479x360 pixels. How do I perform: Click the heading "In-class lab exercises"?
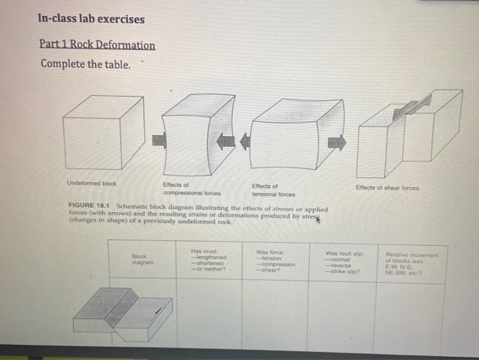point(91,19)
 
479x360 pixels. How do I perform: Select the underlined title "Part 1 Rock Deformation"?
point(97,45)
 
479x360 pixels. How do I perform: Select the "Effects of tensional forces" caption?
point(274,189)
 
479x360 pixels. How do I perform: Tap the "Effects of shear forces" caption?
point(388,187)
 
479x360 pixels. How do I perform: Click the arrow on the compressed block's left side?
point(159,140)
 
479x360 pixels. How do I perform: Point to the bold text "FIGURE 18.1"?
point(90,208)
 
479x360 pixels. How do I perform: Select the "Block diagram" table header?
point(142,259)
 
